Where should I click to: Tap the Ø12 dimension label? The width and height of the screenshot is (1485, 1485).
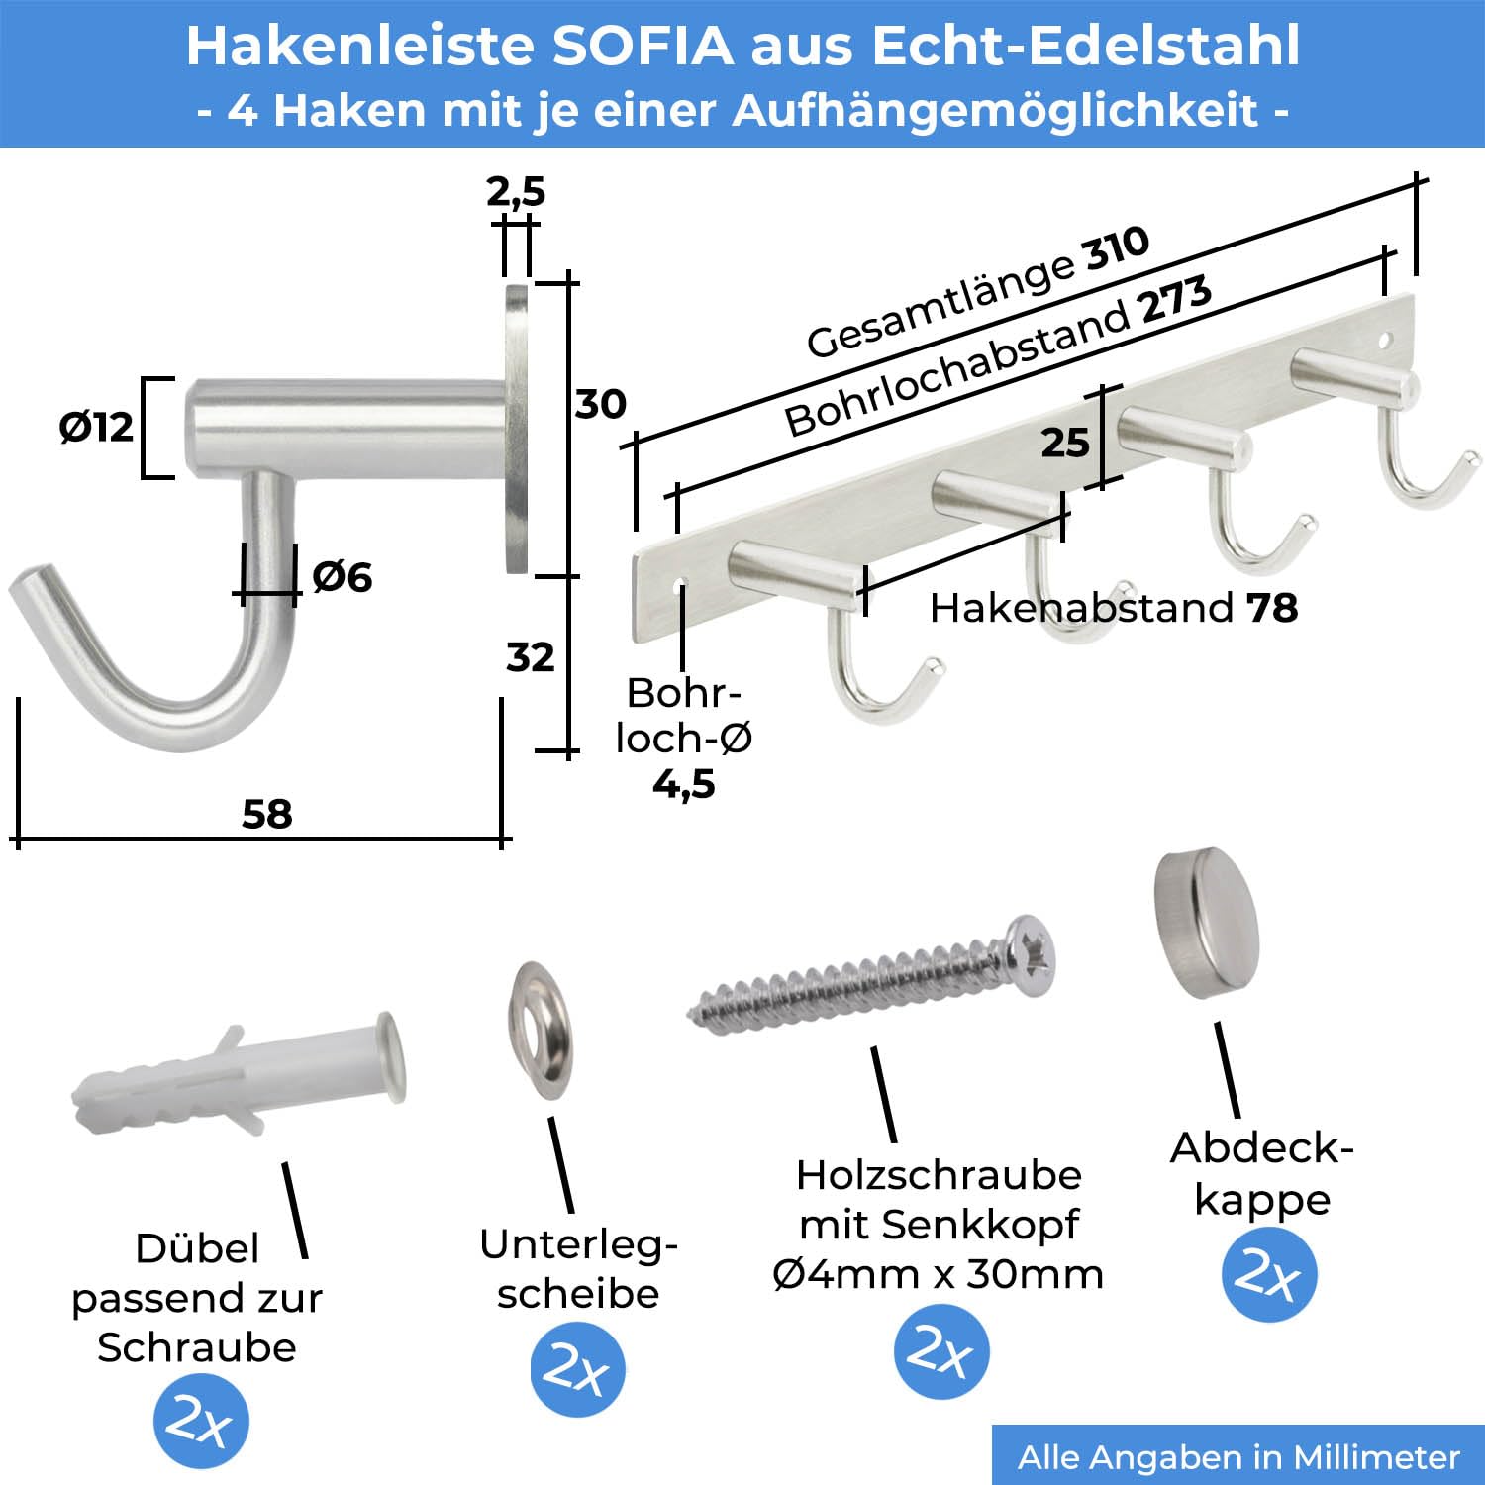click(96, 427)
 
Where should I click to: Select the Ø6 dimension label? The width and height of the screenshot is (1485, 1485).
click(343, 577)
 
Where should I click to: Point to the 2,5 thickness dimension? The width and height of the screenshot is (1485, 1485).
click(516, 191)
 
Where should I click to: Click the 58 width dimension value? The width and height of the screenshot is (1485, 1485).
click(267, 814)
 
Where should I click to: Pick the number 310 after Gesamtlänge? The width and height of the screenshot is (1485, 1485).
click(1118, 247)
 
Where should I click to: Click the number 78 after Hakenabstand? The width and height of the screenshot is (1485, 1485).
click(1272, 608)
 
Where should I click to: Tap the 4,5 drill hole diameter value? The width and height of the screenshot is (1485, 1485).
click(684, 784)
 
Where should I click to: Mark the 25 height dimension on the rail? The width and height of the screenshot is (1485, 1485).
click(1065, 443)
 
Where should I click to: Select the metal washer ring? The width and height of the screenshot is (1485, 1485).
click(541, 1029)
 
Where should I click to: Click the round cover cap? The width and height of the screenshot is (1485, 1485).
click(1207, 923)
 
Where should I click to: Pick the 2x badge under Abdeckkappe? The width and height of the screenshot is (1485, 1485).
click(1269, 1274)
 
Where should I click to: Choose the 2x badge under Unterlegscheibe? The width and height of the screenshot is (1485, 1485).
click(578, 1369)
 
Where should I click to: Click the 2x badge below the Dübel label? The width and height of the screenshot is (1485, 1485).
click(201, 1422)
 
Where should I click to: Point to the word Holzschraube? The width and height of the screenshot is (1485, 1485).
click(939, 1175)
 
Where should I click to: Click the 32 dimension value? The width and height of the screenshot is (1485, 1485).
click(531, 657)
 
